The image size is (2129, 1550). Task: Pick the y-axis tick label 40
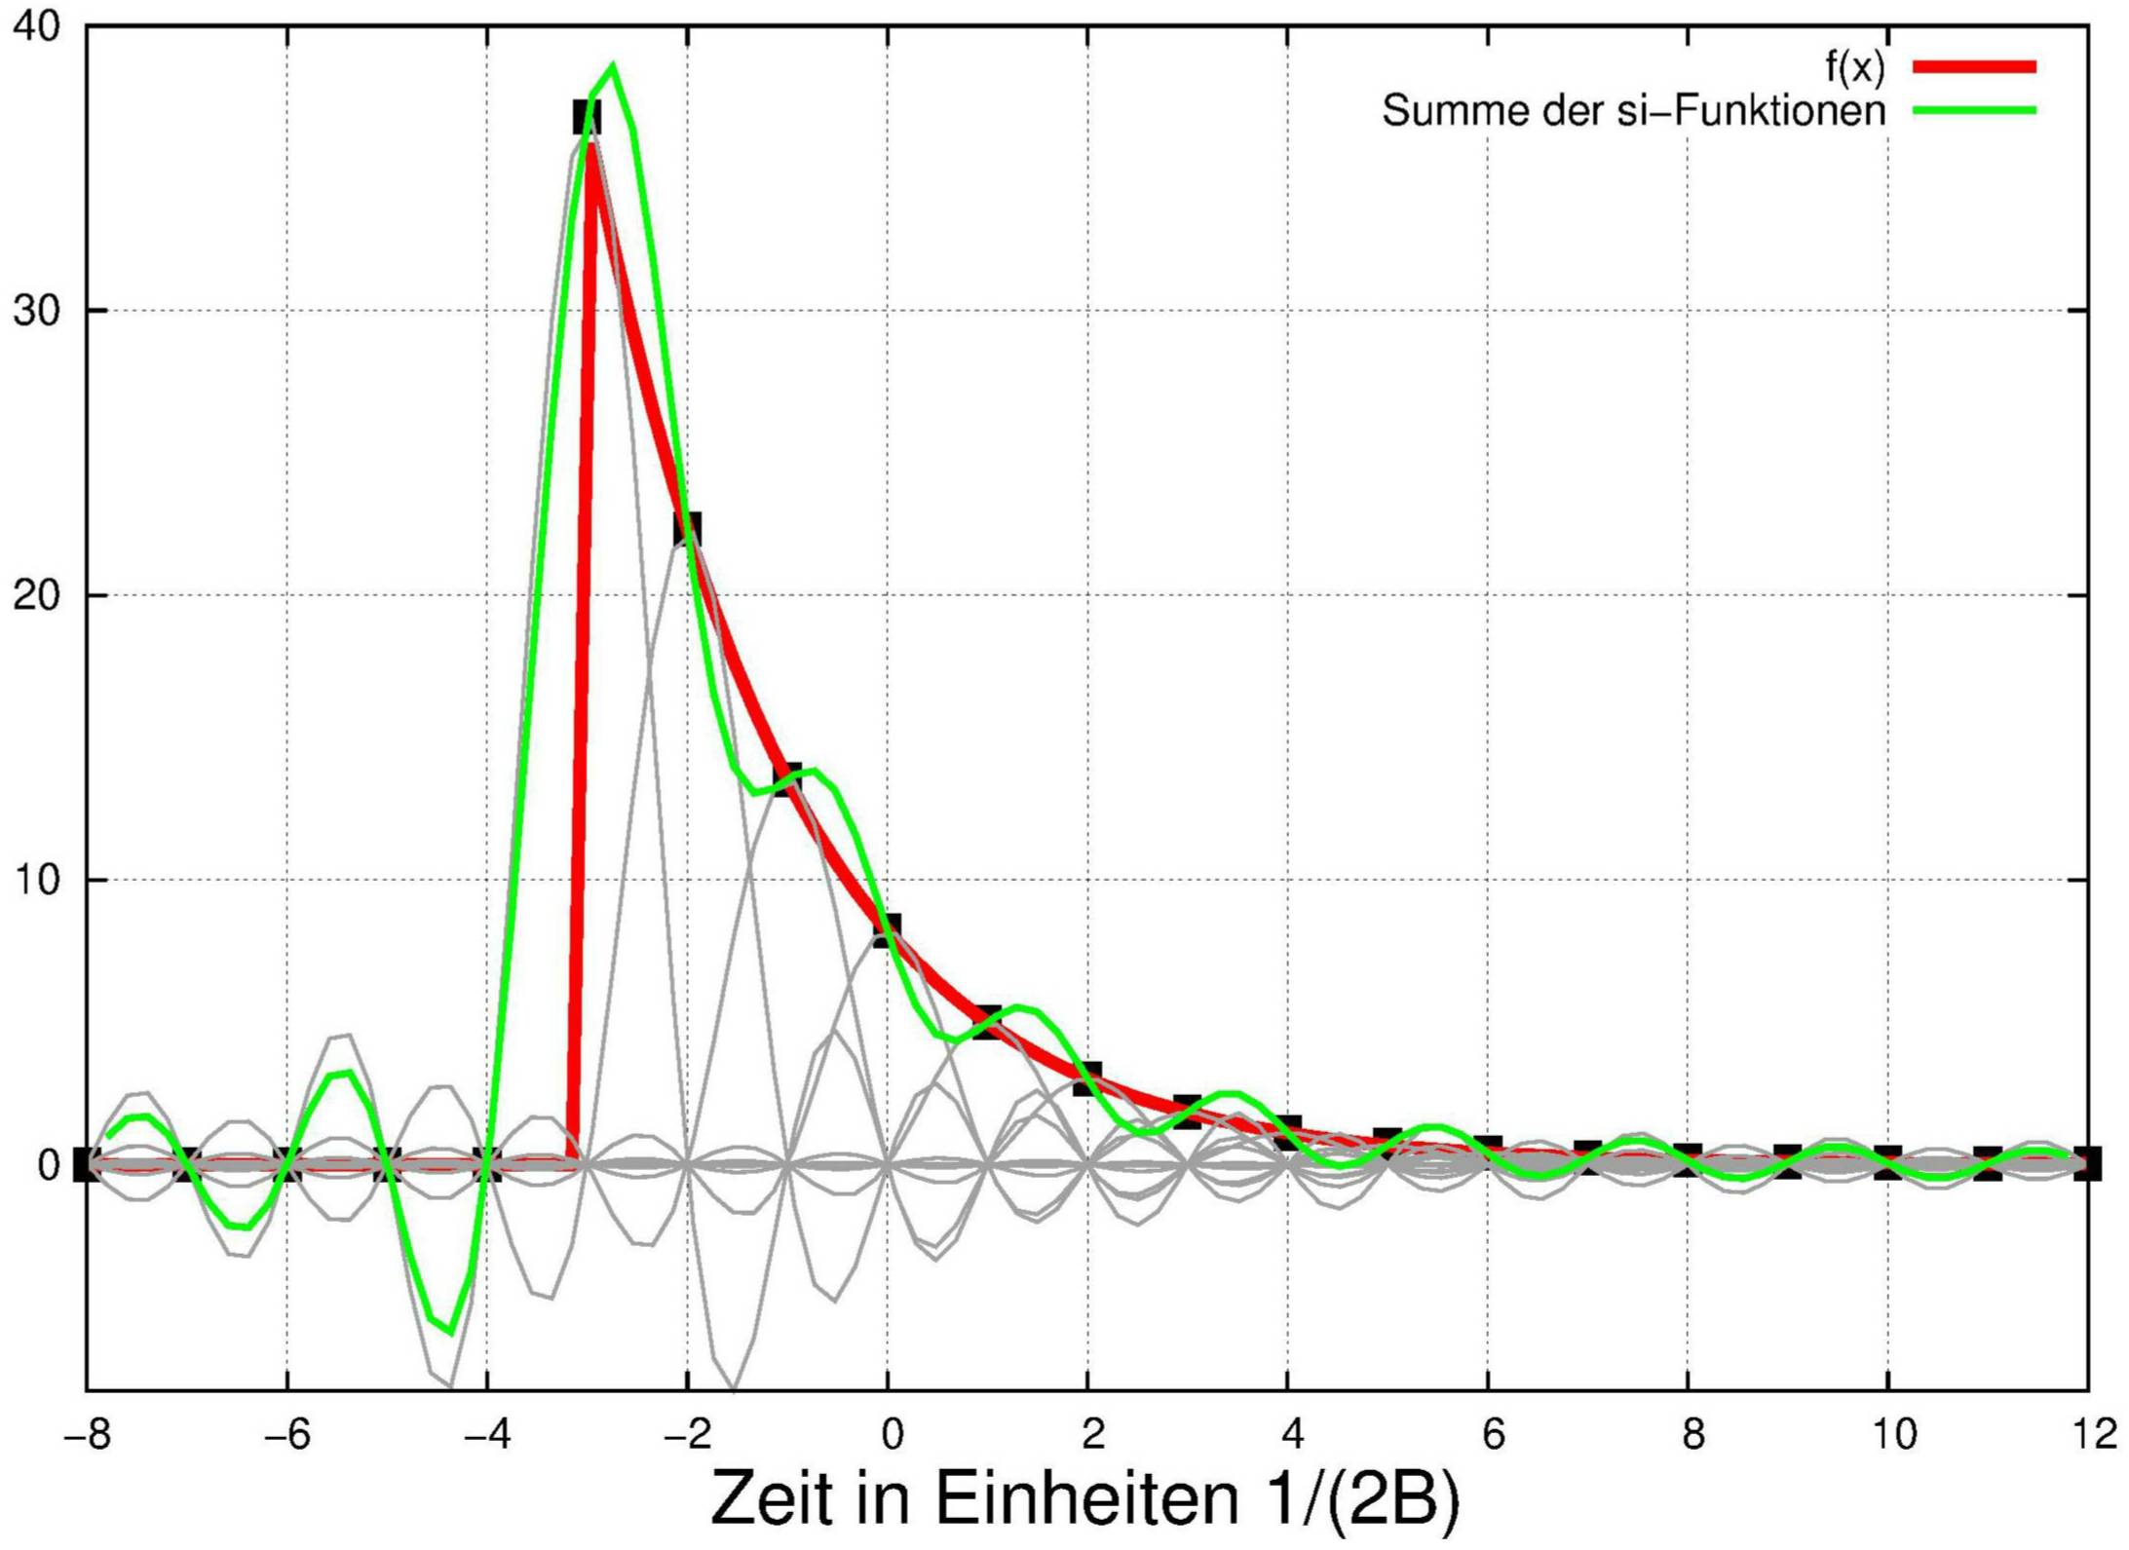(36, 26)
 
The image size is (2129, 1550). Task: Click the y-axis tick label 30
(36, 311)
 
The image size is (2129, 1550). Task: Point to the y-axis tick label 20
(36, 595)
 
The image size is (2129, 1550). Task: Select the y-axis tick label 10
(36, 880)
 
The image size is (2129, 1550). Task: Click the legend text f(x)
(1854, 66)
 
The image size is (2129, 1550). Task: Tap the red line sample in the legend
(1974, 66)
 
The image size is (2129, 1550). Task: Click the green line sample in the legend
(1974, 110)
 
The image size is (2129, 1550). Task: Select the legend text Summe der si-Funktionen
(1633, 110)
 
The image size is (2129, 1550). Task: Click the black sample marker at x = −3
(587, 119)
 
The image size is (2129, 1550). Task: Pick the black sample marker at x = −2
(687, 529)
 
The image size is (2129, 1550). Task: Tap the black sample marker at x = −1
(787, 779)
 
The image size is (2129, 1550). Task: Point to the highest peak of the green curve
(613, 66)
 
